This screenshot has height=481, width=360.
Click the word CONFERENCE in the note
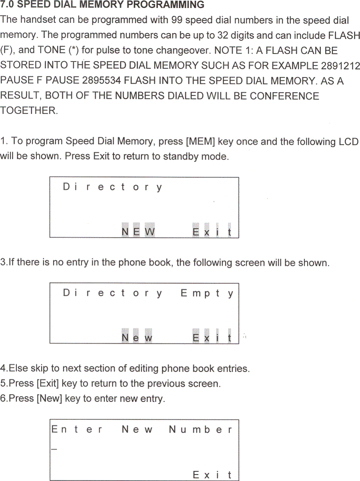285,96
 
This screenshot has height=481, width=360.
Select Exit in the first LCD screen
212,232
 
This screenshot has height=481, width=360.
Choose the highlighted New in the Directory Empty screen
137,338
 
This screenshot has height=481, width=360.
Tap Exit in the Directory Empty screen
212,338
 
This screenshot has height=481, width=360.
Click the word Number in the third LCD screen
200,430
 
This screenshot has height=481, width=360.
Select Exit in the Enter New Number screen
212,475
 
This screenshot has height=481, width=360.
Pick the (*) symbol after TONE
73,51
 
